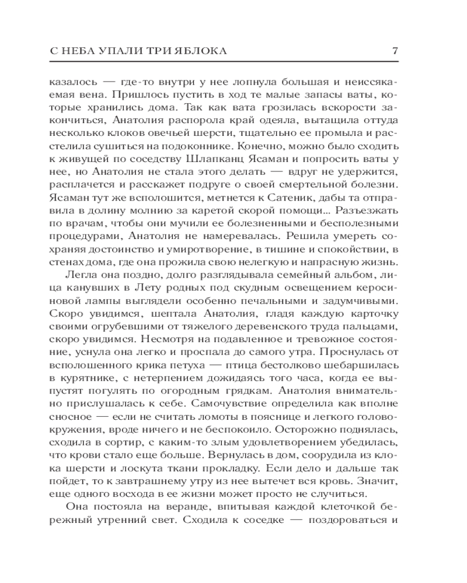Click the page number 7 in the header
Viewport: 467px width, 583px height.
coord(395,51)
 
